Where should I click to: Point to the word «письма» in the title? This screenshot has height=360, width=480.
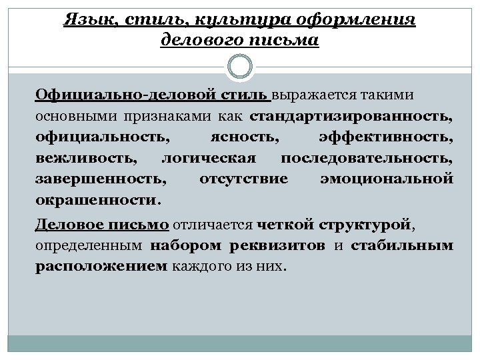(x=289, y=41)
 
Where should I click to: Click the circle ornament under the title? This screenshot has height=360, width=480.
(x=240, y=67)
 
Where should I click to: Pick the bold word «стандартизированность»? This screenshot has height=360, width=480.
(x=351, y=119)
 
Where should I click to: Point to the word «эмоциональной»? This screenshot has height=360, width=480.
(x=387, y=179)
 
